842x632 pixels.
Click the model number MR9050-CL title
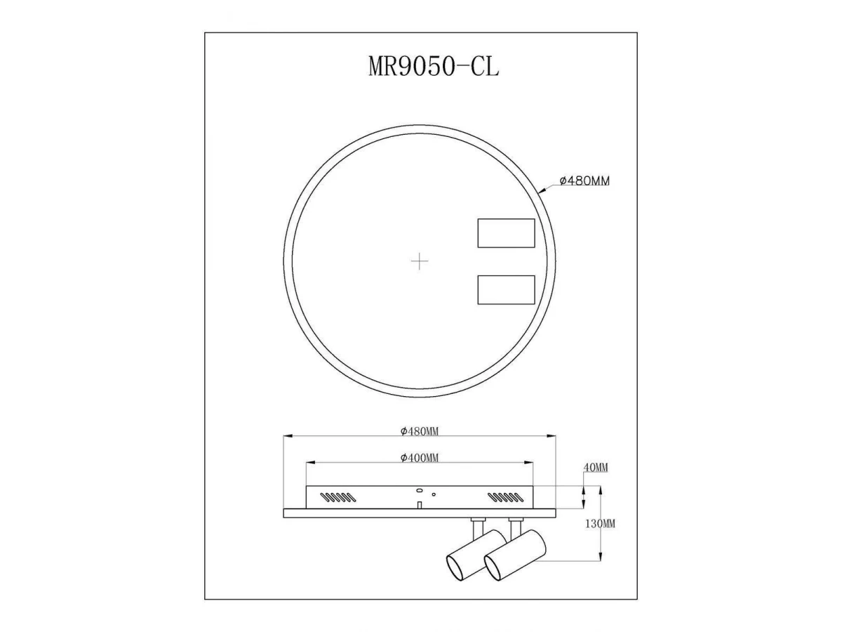click(434, 66)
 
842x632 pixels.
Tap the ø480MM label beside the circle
click(584, 180)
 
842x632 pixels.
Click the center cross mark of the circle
click(420, 261)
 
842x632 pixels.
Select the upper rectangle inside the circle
click(506, 233)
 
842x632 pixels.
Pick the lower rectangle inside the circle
click(506, 290)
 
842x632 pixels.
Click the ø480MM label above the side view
click(420, 432)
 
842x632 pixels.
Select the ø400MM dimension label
click(420, 458)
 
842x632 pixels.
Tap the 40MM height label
click(595, 468)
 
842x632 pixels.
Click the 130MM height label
click(600, 524)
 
